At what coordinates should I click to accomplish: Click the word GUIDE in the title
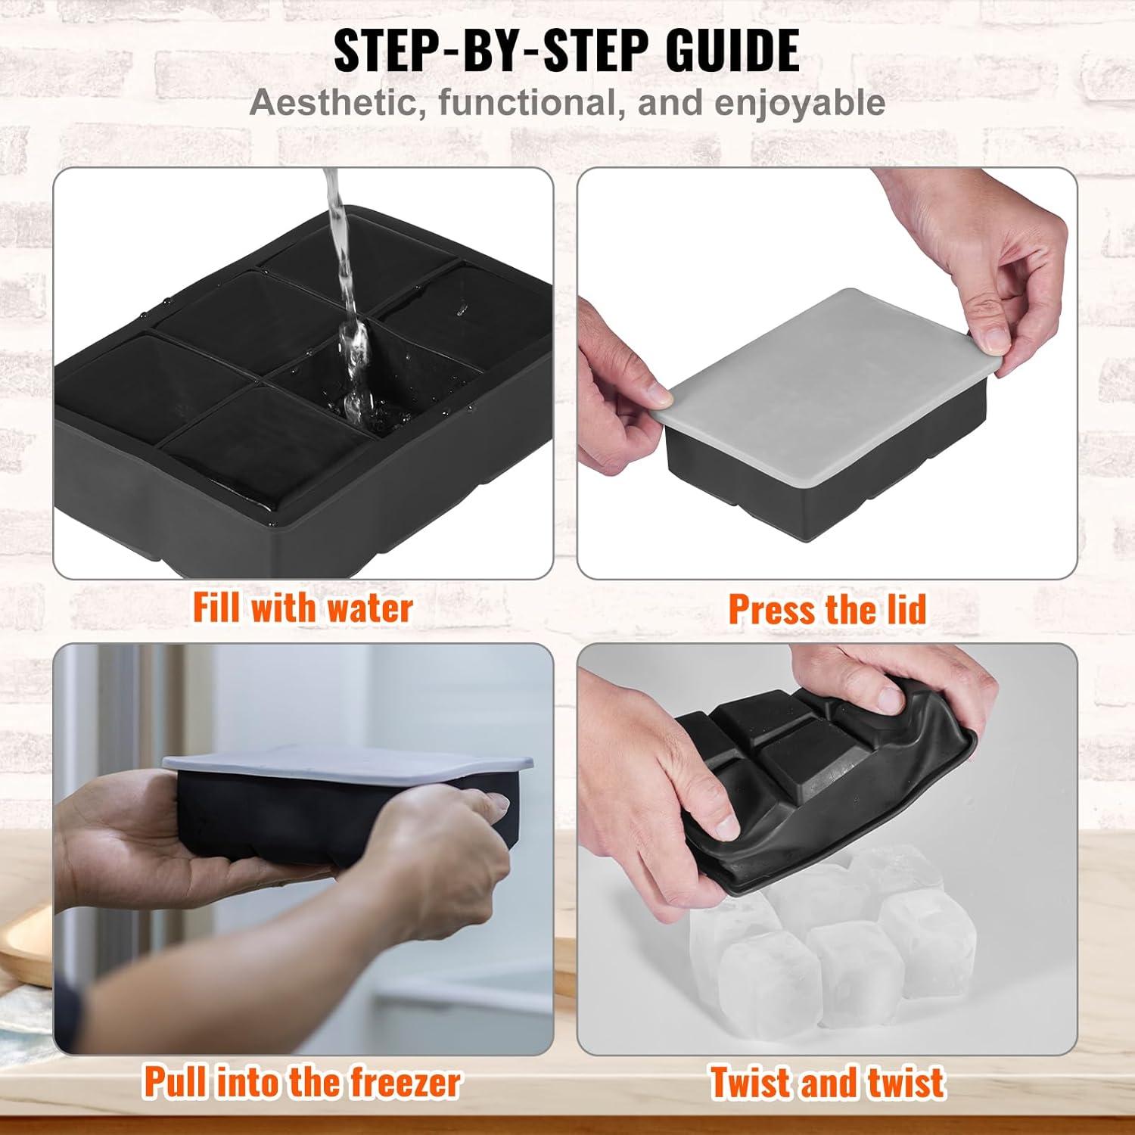pyautogui.click(x=732, y=51)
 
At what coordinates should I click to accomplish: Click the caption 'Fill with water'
pyautogui.click(x=303, y=608)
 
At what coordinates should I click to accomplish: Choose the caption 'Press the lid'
pyautogui.click(x=827, y=609)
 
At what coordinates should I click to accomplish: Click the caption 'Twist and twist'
pyautogui.click(x=827, y=1082)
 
